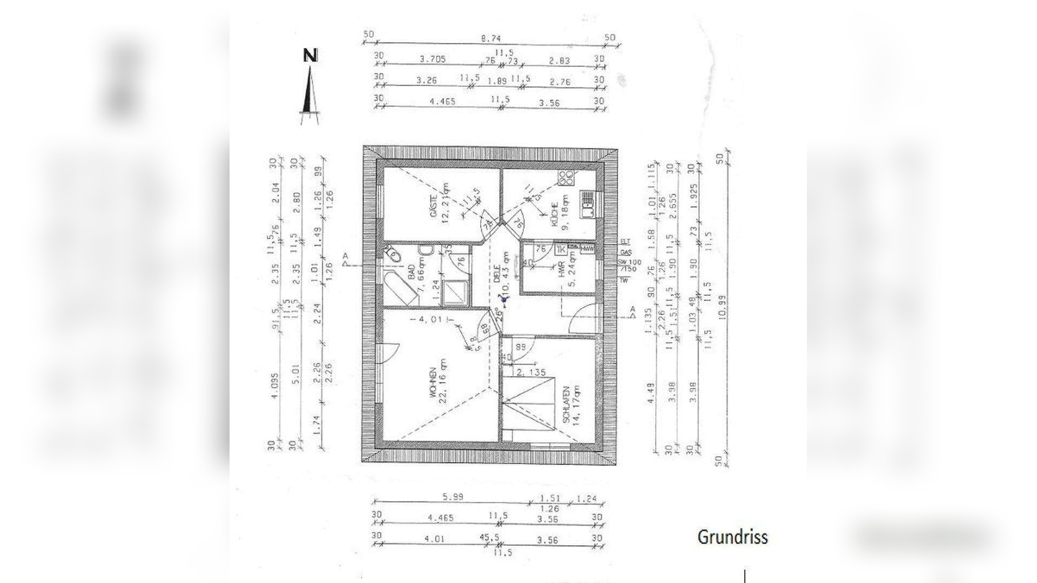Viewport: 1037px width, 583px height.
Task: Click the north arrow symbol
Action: (x=309, y=86)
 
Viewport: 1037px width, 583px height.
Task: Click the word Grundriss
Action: (x=732, y=537)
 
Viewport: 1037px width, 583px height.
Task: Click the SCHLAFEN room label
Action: (x=565, y=404)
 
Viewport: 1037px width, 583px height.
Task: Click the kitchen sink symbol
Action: (x=588, y=204)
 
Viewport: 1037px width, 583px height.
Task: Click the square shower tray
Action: (x=454, y=291)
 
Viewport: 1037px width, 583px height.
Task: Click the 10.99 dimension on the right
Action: (x=720, y=307)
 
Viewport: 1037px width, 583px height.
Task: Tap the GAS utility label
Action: (x=625, y=252)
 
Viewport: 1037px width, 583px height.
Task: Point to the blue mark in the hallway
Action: (x=504, y=297)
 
